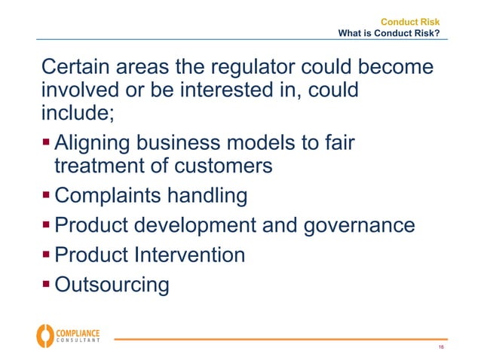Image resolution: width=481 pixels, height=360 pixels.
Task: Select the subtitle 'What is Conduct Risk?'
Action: [389, 33]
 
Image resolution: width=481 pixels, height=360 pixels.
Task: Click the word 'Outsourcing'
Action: [112, 285]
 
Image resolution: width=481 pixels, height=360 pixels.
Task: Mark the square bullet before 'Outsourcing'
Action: [47, 284]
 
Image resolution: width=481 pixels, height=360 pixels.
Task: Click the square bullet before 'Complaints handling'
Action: [47, 195]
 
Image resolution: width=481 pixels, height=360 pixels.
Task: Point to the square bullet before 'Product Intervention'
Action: [47, 254]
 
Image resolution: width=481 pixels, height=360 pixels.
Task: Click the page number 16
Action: [440, 347]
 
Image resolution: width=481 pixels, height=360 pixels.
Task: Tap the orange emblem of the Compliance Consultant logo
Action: [44, 335]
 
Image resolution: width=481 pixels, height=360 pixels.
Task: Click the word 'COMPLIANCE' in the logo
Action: [78, 331]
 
